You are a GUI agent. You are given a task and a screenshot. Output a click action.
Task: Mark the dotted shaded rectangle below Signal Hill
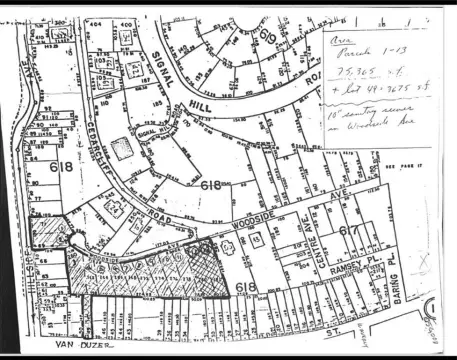click(124, 149)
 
